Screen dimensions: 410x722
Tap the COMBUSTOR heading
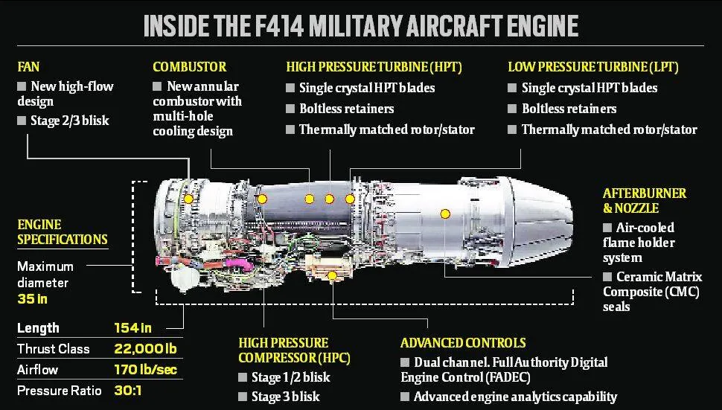point(189,67)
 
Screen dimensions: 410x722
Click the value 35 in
point(32,299)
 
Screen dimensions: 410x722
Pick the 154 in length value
point(134,328)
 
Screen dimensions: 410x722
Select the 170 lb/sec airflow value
point(145,370)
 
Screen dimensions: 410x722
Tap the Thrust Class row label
point(53,349)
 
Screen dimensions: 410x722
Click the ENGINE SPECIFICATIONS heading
point(62,231)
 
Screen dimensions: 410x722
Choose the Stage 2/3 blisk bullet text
point(69,121)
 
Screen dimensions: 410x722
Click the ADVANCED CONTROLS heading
point(462,343)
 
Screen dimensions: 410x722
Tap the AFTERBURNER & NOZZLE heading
point(645,200)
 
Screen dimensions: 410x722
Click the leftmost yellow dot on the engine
point(188,199)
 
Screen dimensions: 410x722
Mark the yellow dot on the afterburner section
point(445,214)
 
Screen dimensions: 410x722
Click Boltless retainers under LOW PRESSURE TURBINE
point(569,109)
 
